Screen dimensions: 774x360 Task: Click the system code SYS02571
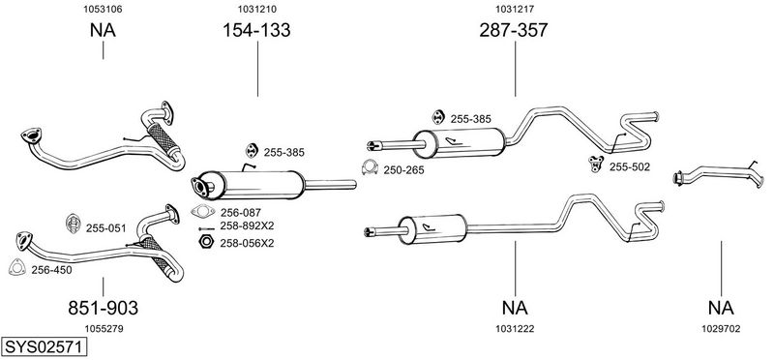tap(44, 347)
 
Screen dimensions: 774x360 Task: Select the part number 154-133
tap(256, 30)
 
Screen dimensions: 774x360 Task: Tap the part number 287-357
tap(514, 30)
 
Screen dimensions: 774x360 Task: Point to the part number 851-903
tap(103, 308)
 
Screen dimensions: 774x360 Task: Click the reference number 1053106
tap(103, 9)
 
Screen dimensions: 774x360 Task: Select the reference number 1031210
tap(256, 9)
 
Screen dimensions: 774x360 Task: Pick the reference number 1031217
tap(515, 9)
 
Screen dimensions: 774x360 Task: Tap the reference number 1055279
tap(104, 329)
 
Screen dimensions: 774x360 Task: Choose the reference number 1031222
tap(515, 329)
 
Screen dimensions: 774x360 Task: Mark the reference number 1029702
tap(721, 329)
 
